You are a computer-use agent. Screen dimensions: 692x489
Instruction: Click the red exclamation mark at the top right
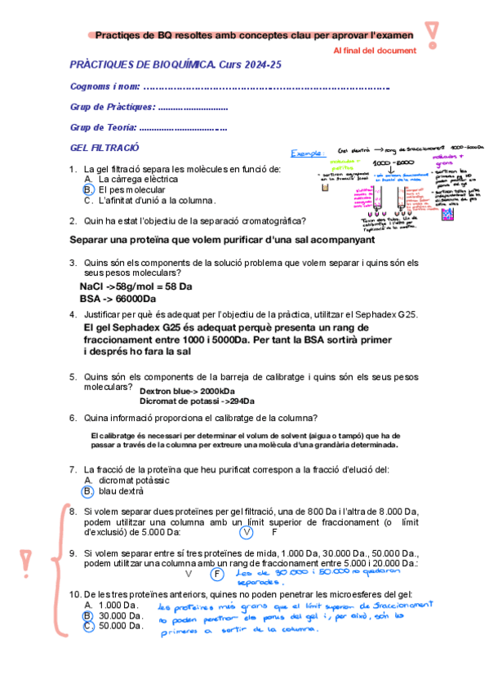[x=432, y=33]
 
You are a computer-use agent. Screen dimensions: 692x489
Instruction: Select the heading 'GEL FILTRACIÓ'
[x=105, y=148]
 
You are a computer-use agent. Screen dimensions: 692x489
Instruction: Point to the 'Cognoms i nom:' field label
[x=105, y=86]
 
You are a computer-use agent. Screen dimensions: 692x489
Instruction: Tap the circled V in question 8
[x=248, y=532]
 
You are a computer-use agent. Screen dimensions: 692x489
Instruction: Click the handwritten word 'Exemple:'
[x=308, y=153]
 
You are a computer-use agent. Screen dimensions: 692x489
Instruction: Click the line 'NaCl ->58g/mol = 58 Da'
[x=136, y=287]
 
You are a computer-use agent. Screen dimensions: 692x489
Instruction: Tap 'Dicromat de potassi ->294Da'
[x=197, y=401]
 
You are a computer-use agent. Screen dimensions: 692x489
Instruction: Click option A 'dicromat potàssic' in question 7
[x=128, y=480]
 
